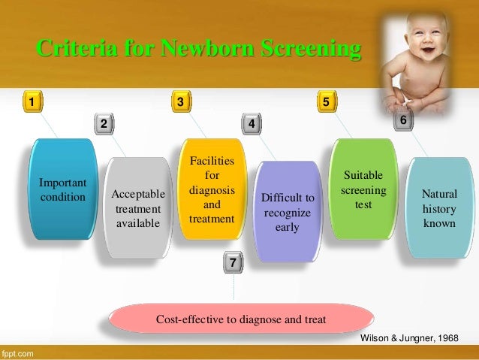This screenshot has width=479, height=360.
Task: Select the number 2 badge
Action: tap(104, 123)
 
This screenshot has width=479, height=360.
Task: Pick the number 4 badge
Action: tap(252, 123)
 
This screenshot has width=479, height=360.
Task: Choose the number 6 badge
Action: tap(403, 120)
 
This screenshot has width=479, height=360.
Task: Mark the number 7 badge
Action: tap(233, 263)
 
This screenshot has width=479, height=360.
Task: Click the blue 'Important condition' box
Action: tap(62, 190)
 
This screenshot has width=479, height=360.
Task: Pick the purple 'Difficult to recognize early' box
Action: tap(287, 211)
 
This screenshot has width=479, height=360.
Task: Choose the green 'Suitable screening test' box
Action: tap(363, 189)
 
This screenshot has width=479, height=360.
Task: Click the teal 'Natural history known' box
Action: tap(438, 207)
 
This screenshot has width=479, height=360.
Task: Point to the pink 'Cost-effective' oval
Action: tap(240, 319)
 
